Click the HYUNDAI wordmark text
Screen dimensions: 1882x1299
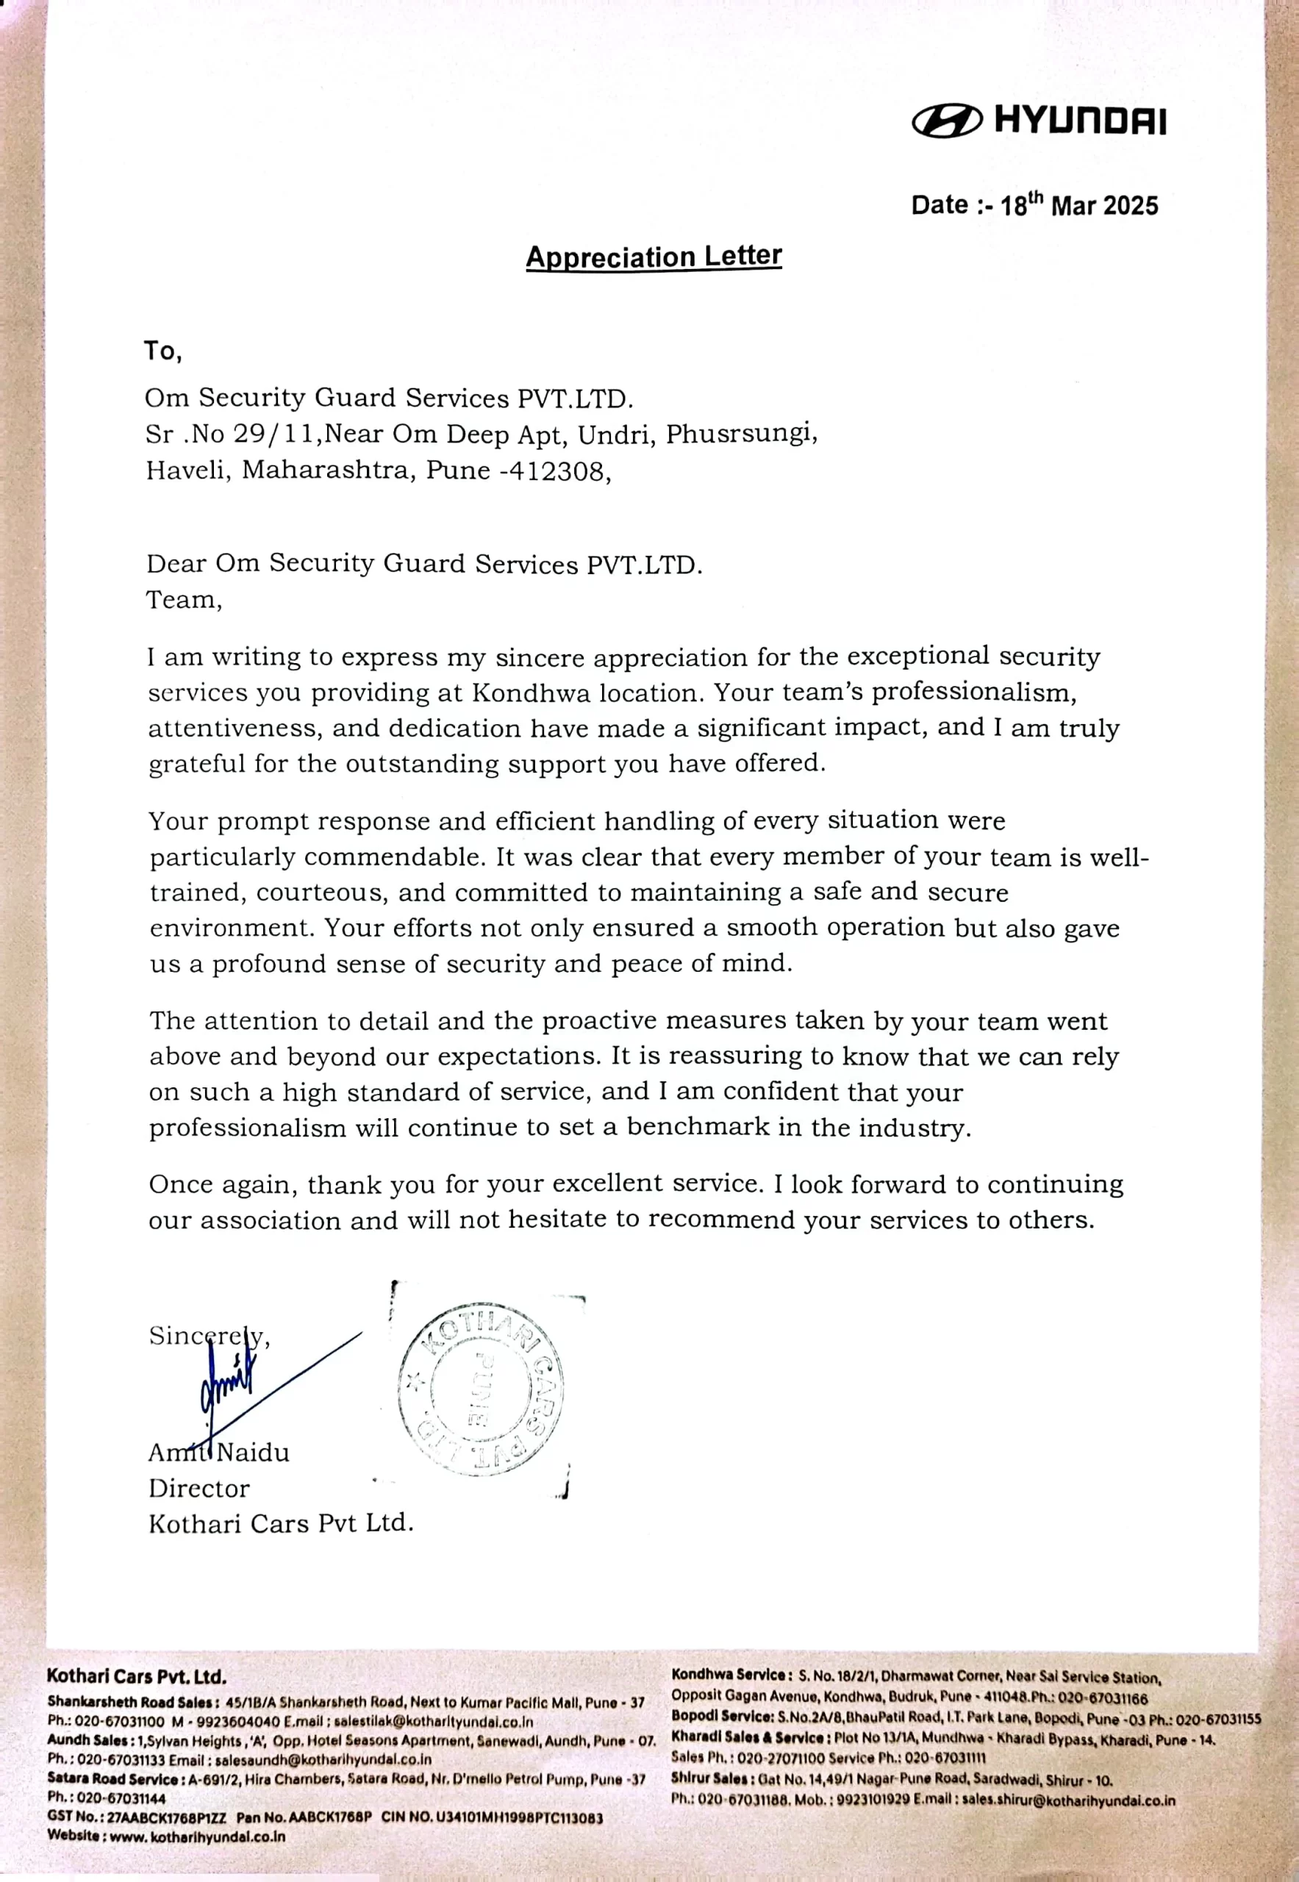tap(1080, 121)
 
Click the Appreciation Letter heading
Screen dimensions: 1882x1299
tap(654, 257)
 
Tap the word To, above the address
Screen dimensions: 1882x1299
tap(162, 351)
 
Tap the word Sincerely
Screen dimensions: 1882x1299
tap(208, 1336)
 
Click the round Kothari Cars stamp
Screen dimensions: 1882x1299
tap(481, 1389)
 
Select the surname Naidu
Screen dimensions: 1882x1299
tap(253, 1452)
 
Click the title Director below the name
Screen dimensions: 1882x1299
tap(198, 1488)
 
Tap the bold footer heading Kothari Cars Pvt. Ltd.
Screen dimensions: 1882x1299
tap(136, 1676)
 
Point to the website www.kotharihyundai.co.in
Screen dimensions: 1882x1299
tap(197, 1836)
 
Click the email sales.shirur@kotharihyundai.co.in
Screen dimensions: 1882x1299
tap(1068, 1800)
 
